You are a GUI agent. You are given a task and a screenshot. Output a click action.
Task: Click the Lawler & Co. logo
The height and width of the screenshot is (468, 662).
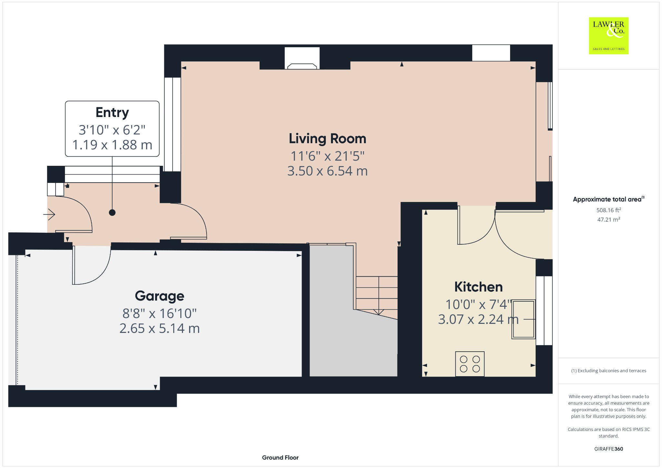(x=608, y=36)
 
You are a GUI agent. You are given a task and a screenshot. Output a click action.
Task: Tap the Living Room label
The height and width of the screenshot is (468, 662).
(x=327, y=139)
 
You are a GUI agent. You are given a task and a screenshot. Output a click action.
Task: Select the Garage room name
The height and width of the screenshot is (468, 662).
(x=159, y=296)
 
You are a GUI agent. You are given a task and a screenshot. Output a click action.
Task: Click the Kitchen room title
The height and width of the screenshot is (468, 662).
(x=478, y=287)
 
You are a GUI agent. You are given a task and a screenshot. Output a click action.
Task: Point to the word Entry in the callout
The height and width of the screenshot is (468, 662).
(x=112, y=112)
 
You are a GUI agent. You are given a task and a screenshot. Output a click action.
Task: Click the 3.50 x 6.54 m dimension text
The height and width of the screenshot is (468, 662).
(x=327, y=171)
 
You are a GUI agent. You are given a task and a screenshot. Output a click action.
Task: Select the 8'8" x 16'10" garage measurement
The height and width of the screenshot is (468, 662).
(x=159, y=313)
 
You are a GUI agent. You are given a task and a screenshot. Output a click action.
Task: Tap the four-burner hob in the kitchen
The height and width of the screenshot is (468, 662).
(x=470, y=364)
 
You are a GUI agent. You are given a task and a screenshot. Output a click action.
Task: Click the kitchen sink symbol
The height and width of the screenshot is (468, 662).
(x=523, y=319)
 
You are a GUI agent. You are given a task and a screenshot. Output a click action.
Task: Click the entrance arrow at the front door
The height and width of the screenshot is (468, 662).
(x=49, y=214)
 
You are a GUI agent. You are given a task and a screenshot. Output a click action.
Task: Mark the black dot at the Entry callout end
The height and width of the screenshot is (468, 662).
(x=112, y=213)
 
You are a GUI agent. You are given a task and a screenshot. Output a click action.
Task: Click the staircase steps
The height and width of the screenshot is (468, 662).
(x=377, y=292)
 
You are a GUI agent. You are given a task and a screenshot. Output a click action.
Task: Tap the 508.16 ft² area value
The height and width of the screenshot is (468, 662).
(x=608, y=210)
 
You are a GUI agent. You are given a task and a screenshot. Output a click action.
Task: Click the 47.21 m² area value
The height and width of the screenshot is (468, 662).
(x=608, y=219)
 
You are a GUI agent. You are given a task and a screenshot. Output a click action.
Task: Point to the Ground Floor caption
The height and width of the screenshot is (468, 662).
(x=280, y=457)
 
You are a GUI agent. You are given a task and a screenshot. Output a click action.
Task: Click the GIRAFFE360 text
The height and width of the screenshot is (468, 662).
(x=608, y=449)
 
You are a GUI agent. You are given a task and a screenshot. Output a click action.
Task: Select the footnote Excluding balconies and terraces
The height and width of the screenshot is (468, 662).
(x=608, y=371)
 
